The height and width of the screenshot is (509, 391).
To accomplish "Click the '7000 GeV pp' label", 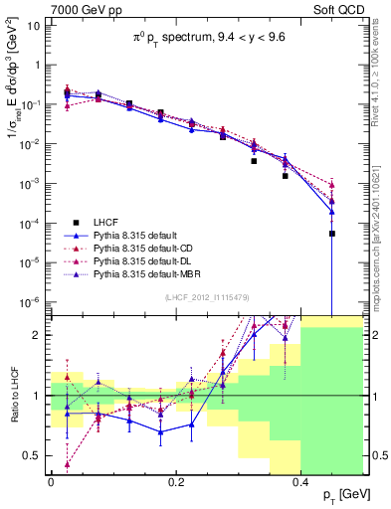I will point(82,9).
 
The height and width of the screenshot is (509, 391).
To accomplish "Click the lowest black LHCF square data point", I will point(332,234).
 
